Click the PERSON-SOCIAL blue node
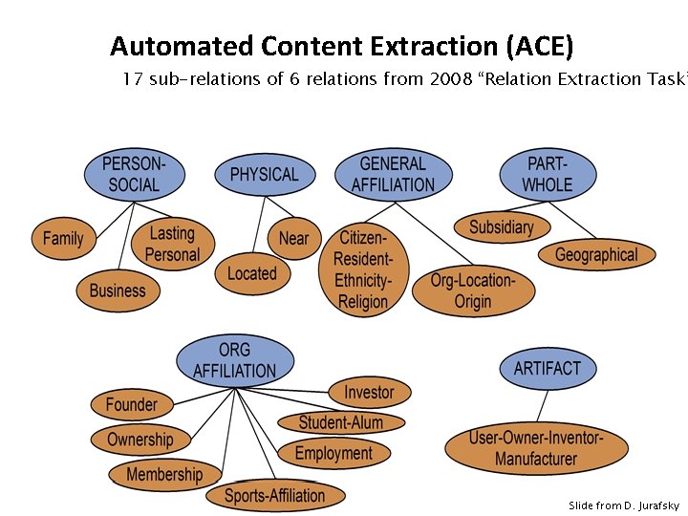[134, 174]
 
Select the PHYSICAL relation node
[264, 175]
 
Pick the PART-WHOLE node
[548, 174]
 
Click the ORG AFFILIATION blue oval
[234, 360]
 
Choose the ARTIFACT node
[547, 368]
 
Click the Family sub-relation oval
[63, 238]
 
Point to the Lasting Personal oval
[172, 244]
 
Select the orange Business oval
[118, 290]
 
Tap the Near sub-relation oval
[293, 238]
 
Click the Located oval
[251, 274]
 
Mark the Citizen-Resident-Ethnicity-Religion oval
[363, 269]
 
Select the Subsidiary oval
[501, 226]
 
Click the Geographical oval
[595, 254]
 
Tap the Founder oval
[132, 404]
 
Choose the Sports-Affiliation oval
[274, 495]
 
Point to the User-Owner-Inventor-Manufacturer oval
[536, 448]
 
